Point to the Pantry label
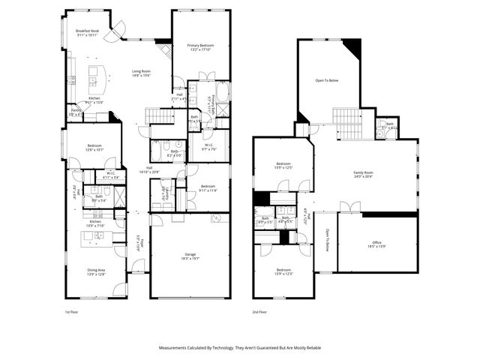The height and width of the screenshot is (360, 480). tap(76, 112)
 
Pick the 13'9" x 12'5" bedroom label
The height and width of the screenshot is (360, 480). tap(283, 165)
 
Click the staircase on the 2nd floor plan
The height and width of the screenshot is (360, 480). tap(347, 122)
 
